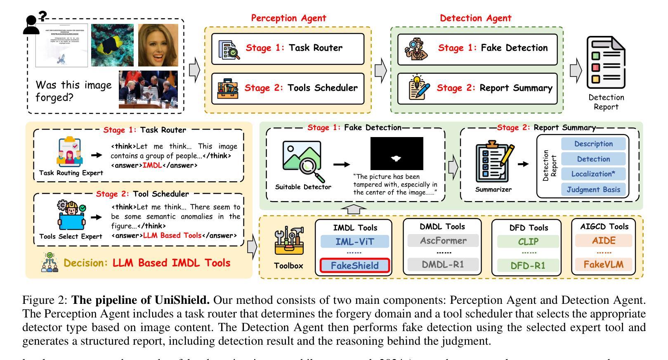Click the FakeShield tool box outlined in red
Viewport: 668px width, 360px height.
(x=354, y=265)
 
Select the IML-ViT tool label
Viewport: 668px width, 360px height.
(x=354, y=242)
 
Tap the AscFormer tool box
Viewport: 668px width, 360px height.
(x=443, y=240)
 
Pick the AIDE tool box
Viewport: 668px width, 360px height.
(x=604, y=240)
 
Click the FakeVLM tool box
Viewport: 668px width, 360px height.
(x=604, y=264)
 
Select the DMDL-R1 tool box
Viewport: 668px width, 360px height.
(x=443, y=264)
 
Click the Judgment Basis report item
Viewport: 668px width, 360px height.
(x=593, y=189)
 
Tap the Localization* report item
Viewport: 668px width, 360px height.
(x=593, y=174)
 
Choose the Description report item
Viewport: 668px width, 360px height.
(x=593, y=144)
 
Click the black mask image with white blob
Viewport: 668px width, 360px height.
(x=397, y=153)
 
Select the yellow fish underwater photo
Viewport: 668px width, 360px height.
(x=112, y=45)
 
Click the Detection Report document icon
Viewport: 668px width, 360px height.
(x=606, y=63)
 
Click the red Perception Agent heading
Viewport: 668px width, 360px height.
(x=288, y=18)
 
